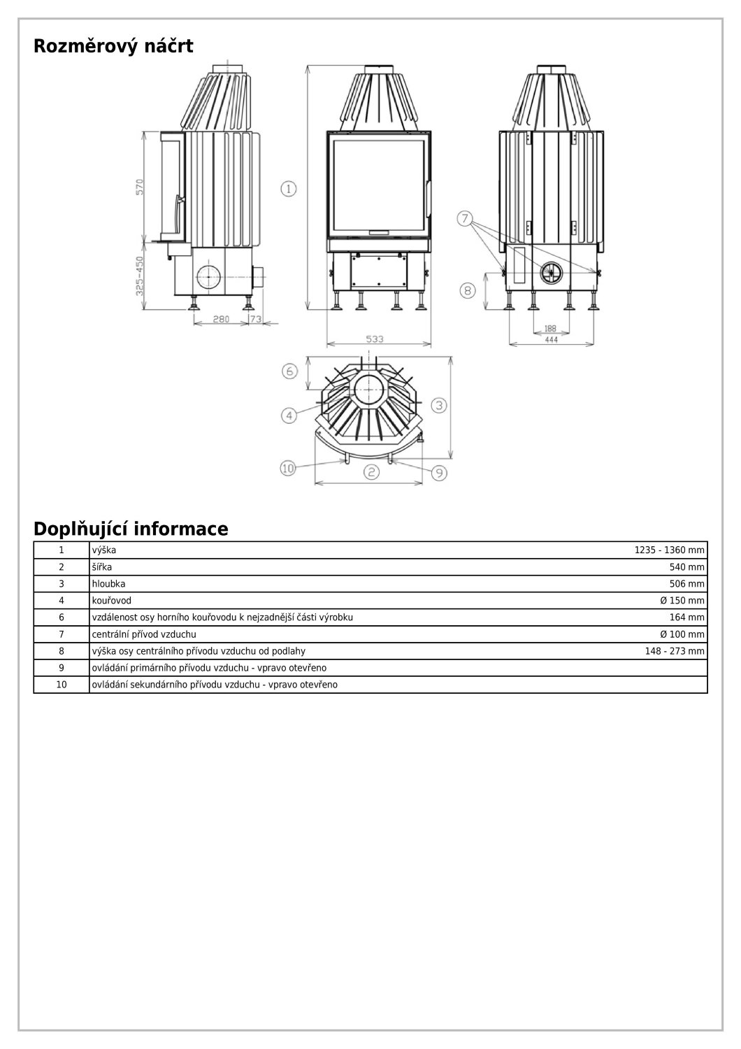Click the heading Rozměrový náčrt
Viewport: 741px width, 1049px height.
coord(113,47)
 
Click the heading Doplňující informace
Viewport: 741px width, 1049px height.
coord(131,529)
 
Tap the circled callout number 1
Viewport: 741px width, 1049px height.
coord(289,188)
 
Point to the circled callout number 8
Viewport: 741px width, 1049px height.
coord(468,289)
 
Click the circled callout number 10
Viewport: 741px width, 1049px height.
coord(288,468)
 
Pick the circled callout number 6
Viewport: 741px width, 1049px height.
coord(290,371)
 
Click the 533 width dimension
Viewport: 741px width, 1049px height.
coord(375,339)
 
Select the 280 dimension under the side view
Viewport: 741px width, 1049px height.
coord(220,320)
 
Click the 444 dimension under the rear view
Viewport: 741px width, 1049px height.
coord(551,339)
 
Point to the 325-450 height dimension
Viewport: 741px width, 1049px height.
coord(139,275)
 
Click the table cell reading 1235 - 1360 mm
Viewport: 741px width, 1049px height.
coord(669,550)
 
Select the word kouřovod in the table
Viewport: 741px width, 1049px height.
coord(112,601)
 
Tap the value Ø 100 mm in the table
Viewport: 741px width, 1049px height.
coord(682,634)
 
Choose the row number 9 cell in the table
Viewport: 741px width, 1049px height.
coord(62,668)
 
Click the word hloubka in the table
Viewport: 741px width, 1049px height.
coord(109,584)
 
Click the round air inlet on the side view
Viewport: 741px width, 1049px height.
coord(208,278)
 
